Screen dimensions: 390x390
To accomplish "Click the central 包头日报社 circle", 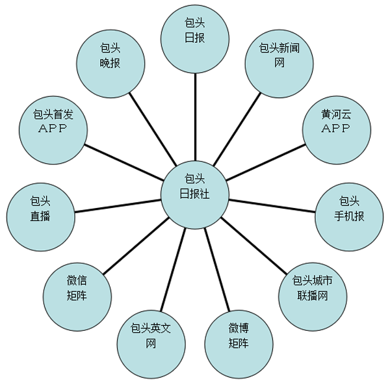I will [195, 194].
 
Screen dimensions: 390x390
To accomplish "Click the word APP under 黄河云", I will [336, 128].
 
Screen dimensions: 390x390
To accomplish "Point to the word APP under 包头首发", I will [53, 128].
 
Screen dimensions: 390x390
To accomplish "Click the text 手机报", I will [350, 216].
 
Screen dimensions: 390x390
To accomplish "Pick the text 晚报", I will [110, 63].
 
